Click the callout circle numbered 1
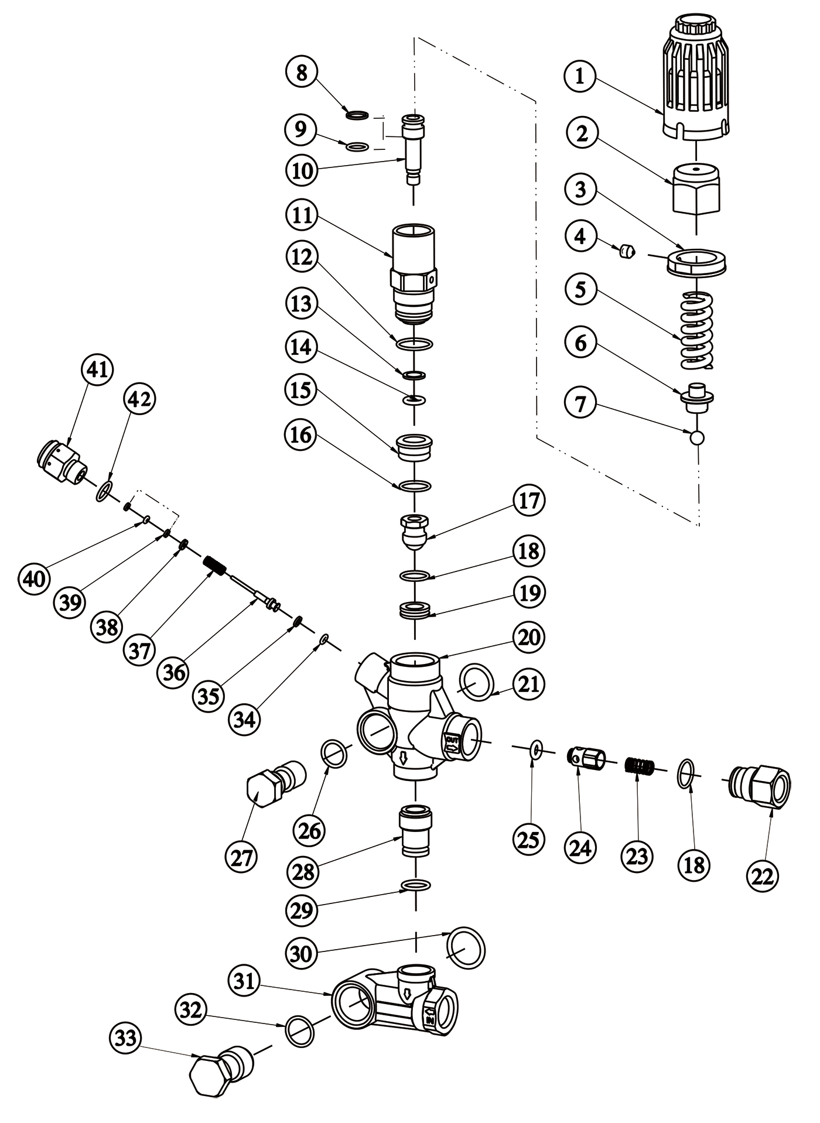(x=580, y=76)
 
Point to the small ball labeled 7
(x=698, y=437)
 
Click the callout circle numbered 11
(x=302, y=215)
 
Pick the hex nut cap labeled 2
(x=696, y=189)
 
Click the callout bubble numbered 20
(x=528, y=636)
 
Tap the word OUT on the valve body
(x=453, y=741)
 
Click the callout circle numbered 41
(x=97, y=370)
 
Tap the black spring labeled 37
(x=214, y=566)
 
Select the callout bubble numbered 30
(x=301, y=954)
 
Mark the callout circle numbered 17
(x=529, y=501)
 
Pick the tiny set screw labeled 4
(x=628, y=251)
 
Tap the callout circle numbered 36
(x=174, y=672)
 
